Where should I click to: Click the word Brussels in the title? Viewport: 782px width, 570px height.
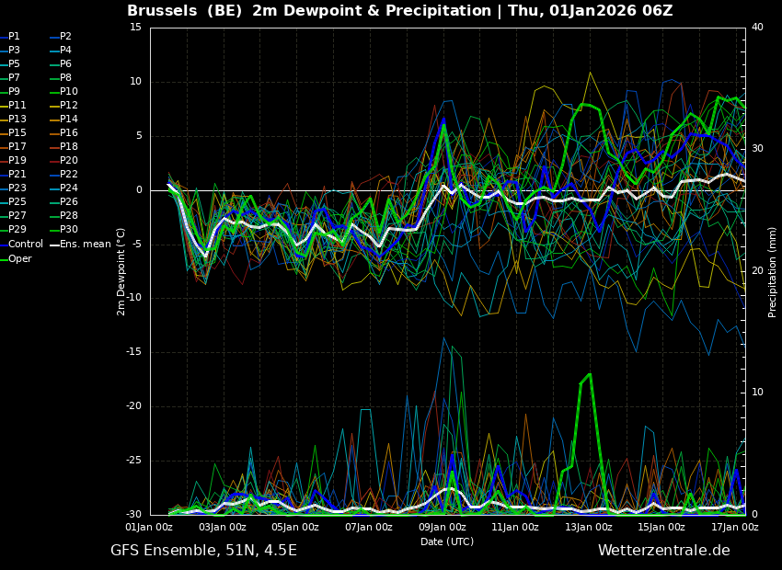point(162,10)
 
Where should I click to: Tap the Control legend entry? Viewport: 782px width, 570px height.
point(21,245)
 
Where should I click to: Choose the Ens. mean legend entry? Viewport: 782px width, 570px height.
point(80,245)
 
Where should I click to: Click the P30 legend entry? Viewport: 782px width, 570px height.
point(64,229)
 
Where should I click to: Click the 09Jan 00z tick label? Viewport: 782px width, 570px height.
point(442,527)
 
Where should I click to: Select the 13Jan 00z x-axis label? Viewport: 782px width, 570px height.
point(589,527)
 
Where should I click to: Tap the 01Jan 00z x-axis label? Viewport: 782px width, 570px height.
point(149,527)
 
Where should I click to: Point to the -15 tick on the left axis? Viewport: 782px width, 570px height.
point(134,352)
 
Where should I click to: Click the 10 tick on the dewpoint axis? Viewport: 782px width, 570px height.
point(136,82)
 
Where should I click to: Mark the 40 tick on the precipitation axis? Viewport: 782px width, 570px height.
point(757,28)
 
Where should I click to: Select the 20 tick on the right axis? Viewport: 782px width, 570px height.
point(757,270)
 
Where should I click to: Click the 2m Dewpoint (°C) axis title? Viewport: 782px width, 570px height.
point(121,271)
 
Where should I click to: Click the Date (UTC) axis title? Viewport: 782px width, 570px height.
point(447,541)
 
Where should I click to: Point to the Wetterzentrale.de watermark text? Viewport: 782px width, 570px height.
point(664,551)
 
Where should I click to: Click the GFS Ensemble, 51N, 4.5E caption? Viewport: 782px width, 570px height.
point(203,551)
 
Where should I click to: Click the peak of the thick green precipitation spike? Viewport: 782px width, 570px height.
point(590,373)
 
